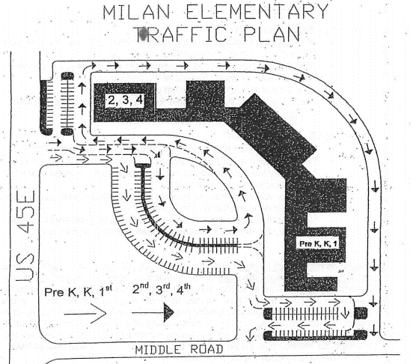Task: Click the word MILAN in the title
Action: pos(136,12)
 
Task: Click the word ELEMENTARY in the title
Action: pos(257,12)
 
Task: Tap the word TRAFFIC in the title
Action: pos(182,34)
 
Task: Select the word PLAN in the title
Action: pos(272,34)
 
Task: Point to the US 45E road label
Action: pos(25,235)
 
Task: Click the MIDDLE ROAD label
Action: pos(179,350)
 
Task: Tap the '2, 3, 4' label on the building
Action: pos(125,100)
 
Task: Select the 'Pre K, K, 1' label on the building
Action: pos(318,243)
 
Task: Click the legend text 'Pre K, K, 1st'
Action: pos(79,291)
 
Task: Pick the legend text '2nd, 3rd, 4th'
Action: pos(161,289)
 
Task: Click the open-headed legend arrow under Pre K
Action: pos(85,313)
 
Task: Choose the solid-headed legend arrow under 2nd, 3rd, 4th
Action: pos(153,312)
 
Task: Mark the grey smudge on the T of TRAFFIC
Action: pos(144,34)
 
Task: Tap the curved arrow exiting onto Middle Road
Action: pos(251,334)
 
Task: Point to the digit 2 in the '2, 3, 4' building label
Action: pos(111,100)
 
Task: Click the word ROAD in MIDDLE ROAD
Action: pos(206,350)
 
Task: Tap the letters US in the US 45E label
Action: pos(25,267)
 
